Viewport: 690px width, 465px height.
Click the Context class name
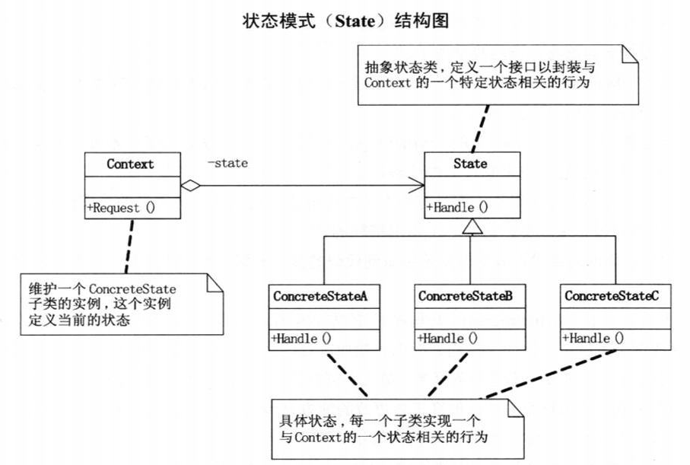[130, 164]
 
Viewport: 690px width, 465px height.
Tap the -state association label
[227, 162]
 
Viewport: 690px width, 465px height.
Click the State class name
[472, 164]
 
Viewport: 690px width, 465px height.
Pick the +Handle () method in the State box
[457, 207]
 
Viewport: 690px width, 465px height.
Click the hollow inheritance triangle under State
[472, 225]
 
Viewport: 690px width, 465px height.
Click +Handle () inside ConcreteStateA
[301, 339]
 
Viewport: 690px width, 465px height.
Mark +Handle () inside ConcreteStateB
[447, 339]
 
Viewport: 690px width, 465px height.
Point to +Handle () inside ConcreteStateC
[593, 339]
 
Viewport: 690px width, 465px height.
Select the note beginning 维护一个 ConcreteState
[122, 304]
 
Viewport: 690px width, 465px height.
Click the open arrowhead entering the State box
[418, 184]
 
